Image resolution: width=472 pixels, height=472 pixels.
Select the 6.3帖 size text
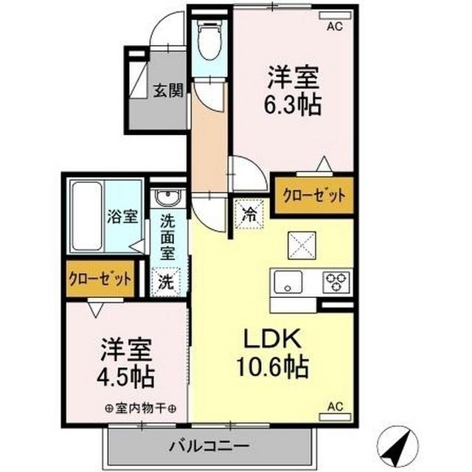point(294,105)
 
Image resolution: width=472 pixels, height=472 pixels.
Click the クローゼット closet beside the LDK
point(314,196)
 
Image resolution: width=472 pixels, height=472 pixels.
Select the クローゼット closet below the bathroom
point(100,279)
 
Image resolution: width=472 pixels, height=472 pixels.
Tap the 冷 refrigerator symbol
point(248,215)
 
